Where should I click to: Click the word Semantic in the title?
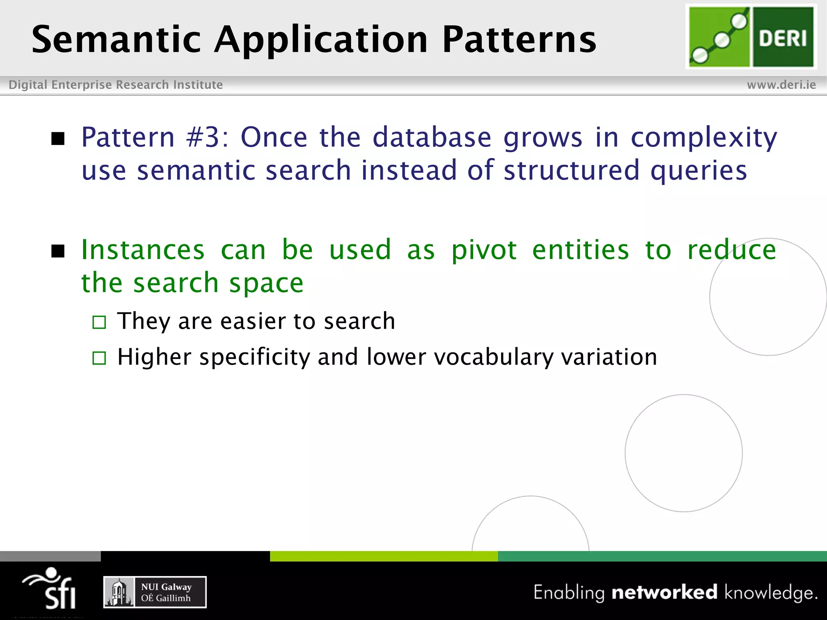pos(116,39)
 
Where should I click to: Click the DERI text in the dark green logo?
pos(783,39)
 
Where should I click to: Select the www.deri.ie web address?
pos(781,85)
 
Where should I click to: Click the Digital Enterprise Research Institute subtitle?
pos(115,85)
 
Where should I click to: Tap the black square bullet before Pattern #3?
pos(58,138)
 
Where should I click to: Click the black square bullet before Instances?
pos(58,251)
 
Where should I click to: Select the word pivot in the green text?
pos(484,250)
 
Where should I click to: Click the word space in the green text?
pos(266,283)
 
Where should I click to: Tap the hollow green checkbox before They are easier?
pos(99,322)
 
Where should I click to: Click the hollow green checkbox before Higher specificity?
pos(99,358)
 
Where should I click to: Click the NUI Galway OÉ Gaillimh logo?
pos(155,592)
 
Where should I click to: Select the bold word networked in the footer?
pos(664,592)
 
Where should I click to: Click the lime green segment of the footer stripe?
pos(384,556)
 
